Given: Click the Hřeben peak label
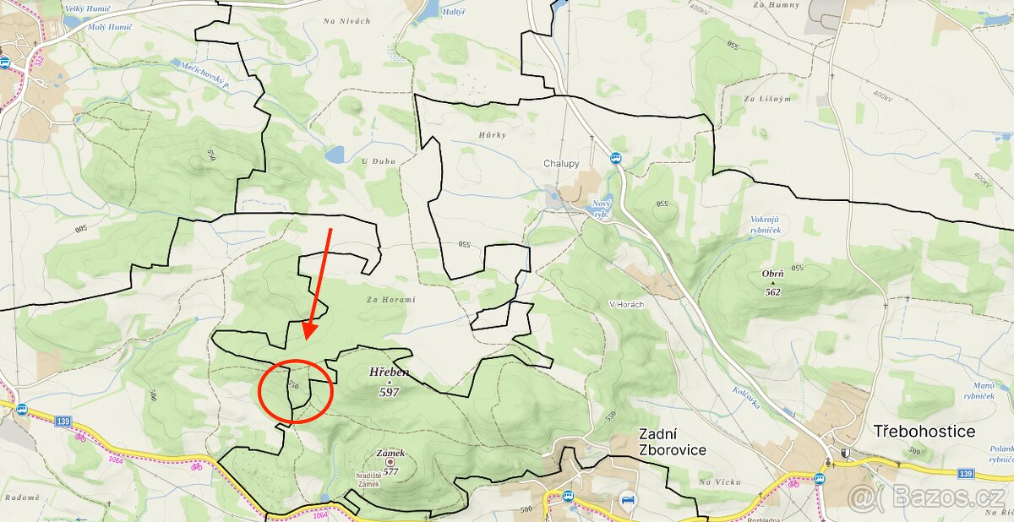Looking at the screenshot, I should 389,372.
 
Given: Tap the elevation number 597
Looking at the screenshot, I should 389,392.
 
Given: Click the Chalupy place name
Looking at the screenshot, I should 561,164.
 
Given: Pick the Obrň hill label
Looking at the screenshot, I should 772,274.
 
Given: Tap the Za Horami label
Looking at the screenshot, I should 393,299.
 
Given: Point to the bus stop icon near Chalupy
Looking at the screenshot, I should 615,158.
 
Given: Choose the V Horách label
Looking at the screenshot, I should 626,305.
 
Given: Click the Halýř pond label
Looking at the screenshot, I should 454,13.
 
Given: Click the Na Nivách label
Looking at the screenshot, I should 347,21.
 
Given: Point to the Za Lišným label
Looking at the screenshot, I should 767,99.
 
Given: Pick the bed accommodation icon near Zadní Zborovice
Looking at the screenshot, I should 627,498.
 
